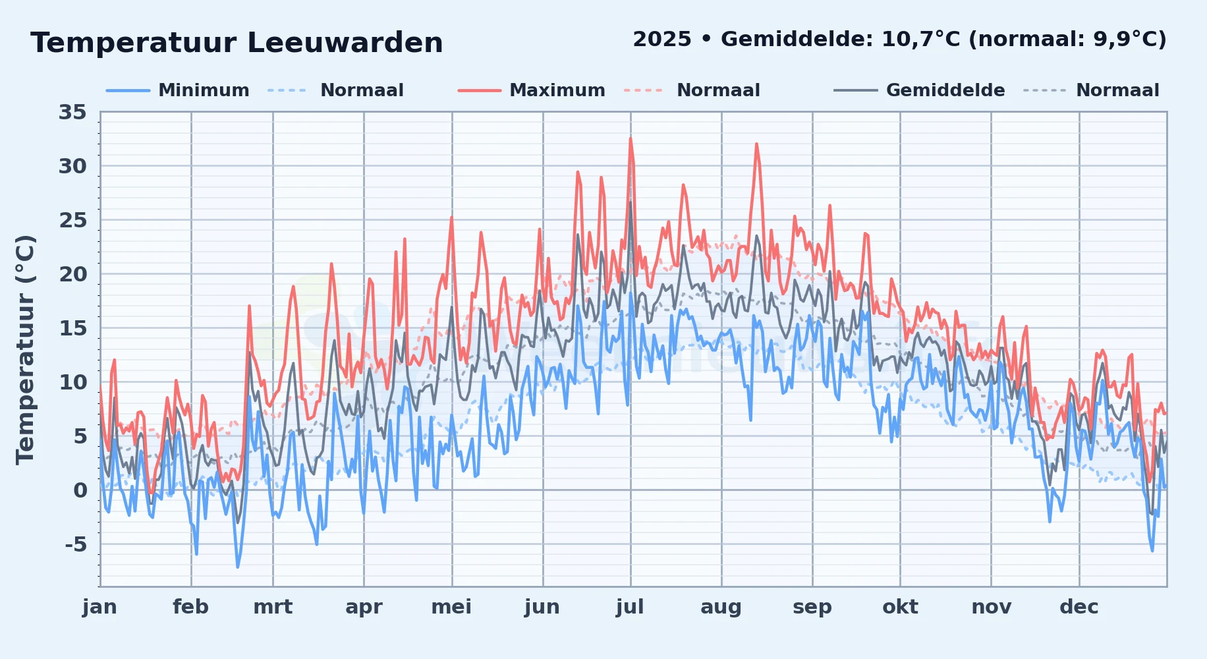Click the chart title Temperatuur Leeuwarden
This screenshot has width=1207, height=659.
237,43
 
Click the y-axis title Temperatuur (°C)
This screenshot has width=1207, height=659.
26,350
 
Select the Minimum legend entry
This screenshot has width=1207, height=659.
178,90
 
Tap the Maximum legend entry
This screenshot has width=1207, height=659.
532,90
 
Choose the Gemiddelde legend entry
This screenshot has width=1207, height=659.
920,90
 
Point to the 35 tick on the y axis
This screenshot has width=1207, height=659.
72,112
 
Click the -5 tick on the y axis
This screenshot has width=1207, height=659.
76,544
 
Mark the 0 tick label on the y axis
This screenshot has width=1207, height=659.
80,490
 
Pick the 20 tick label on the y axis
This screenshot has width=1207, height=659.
72,274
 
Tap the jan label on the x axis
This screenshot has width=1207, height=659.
100,607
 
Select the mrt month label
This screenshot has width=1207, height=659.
273,607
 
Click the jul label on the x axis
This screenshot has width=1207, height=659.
631,607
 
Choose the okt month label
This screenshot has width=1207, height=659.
901,607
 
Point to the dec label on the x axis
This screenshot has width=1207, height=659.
1079,607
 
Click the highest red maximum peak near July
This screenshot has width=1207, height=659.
631,138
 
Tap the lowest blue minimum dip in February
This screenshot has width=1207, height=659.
238,566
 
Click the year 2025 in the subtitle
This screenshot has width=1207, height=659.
662,40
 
